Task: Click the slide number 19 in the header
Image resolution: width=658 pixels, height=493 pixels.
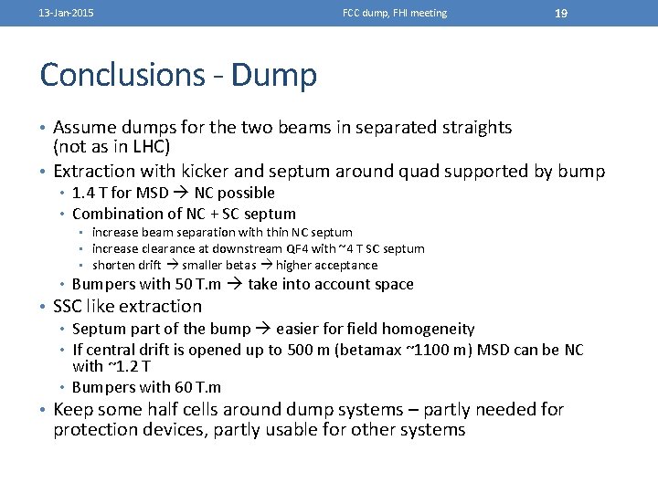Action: point(561,13)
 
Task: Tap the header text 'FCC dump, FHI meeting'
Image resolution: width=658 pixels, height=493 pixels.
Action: point(395,14)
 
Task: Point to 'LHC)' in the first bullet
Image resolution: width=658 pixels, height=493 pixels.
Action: point(152,146)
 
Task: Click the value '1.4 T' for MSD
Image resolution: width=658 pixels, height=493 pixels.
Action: point(90,193)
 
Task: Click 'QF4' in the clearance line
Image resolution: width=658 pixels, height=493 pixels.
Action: point(295,248)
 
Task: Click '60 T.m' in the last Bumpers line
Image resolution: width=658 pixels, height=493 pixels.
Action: point(198,388)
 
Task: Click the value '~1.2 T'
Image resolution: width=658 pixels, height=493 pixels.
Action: point(123,367)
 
